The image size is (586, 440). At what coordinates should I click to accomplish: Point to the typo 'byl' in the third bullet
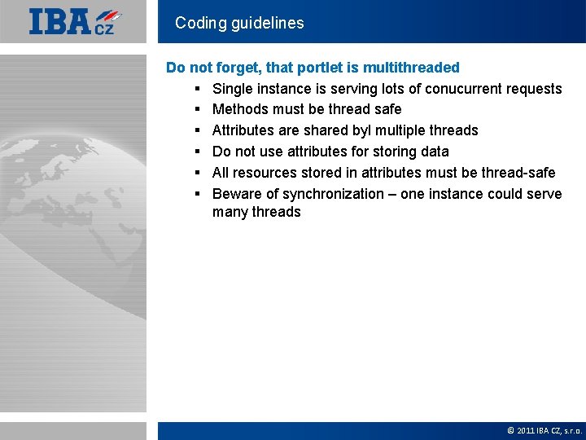362,130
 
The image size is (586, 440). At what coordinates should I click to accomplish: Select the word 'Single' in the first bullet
233,89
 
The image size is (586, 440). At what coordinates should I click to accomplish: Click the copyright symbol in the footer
510,430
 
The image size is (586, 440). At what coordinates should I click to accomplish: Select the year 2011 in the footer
525,430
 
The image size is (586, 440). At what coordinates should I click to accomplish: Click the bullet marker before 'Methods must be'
198,109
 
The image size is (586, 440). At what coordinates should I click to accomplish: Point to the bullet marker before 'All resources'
198,173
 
